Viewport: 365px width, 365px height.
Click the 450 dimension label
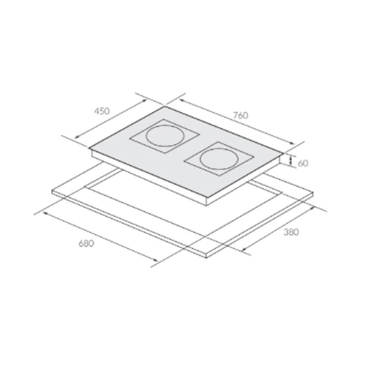click(101, 111)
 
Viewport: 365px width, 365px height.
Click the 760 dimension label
click(240, 115)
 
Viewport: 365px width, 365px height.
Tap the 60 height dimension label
click(303, 163)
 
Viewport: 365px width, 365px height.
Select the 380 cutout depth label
click(291, 232)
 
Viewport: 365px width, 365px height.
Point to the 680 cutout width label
click(86, 243)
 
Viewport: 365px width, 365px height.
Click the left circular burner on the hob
click(165, 136)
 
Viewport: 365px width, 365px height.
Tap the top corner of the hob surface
click(165, 106)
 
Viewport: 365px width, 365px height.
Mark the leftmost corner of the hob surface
click(89, 148)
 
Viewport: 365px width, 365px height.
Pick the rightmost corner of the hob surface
click(284, 154)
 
